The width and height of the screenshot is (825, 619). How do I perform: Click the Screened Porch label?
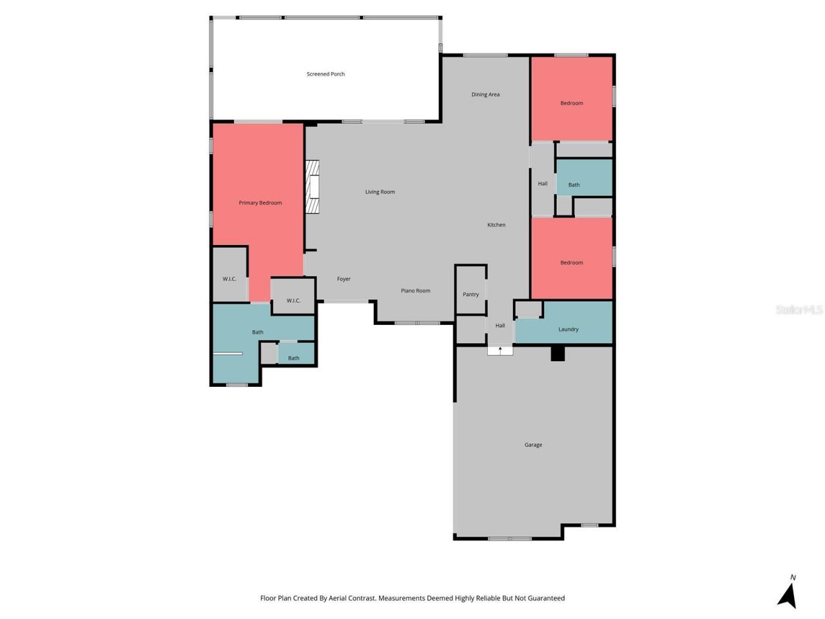pyautogui.click(x=325, y=74)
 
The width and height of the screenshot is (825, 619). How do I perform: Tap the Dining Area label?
pyautogui.click(x=485, y=95)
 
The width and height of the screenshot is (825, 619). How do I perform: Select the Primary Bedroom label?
pyautogui.click(x=260, y=203)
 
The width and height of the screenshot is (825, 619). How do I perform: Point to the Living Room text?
pyautogui.click(x=380, y=192)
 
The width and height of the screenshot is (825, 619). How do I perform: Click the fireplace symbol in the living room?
pyautogui.click(x=313, y=187)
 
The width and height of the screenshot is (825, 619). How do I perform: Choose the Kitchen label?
pyautogui.click(x=496, y=225)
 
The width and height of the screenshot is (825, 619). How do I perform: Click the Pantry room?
pyautogui.click(x=471, y=294)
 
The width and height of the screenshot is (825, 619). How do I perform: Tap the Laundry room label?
pyautogui.click(x=568, y=329)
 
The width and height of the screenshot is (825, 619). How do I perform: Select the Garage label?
pyautogui.click(x=533, y=445)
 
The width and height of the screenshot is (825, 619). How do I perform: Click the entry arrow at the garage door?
pyautogui.click(x=500, y=350)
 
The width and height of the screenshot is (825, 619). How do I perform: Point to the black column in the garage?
pyautogui.click(x=558, y=354)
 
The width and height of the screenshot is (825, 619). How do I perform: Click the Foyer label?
pyautogui.click(x=344, y=279)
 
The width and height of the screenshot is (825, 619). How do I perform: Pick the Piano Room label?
pyautogui.click(x=415, y=291)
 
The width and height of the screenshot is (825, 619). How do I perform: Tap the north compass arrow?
pyautogui.click(x=788, y=595)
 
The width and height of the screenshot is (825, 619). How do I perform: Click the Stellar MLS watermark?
pyautogui.click(x=799, y=310)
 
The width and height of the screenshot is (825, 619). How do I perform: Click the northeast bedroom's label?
pyautogui.click(x=571, y=103)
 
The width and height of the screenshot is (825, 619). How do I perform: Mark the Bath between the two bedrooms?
pyautogui.click(x=574, y=185)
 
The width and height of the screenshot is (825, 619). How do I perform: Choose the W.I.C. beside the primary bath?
pyautogui.click(x=293, y=300)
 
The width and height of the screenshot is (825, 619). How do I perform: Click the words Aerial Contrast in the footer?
pyautogui.click(x=352, y=598)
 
